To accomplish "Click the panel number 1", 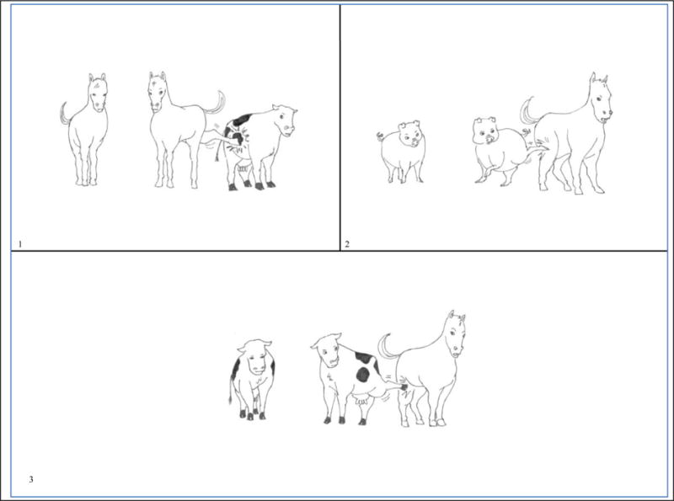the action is click(x=20, y=244).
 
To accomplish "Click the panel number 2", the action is click(x=347, y=244).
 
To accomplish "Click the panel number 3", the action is click(x=31, y=479).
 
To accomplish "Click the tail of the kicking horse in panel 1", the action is click(x=217, y=103).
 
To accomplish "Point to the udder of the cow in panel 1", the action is click(x=243, y=168).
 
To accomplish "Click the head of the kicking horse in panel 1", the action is click(x=157, y=92).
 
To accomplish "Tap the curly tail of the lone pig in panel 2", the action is click(x=380, y=136).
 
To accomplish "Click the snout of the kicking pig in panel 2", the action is click(x=489, y=138).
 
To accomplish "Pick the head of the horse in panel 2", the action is click(x=602, y=98).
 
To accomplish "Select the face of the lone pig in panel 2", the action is click(x=410, y=134).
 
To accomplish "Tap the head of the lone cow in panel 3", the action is click(x=256, y=358).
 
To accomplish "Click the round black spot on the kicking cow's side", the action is click(x=363, y=375).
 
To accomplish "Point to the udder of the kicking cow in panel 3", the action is click(x=361, y=401).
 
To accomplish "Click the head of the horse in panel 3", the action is click(x=456, y=334).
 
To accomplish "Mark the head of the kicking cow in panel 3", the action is click(x=327, y=349).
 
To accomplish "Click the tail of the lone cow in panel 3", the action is click(x=232, y=389).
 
